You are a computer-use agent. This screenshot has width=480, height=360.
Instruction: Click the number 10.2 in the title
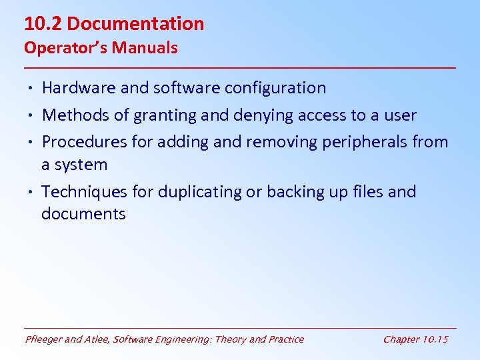pos(43,24)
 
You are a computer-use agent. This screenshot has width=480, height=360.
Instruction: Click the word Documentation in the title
pos(135,24)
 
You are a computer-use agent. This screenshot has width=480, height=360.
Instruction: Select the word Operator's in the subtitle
pos(65,48)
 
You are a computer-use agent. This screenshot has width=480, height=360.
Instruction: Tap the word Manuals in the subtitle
pos(145,48)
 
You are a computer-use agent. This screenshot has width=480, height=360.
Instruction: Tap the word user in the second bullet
pos(399,116)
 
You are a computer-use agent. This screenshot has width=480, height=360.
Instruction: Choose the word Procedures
pos(85,142)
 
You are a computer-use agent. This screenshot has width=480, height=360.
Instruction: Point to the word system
pos(83,165)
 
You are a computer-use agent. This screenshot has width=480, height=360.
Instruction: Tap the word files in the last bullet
pos(365,192)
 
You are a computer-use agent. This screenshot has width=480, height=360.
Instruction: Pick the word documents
pos(83,214)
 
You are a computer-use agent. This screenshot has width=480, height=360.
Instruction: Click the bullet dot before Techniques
pos(31,193)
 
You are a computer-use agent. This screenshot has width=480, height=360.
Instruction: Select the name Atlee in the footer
pos(96,339)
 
